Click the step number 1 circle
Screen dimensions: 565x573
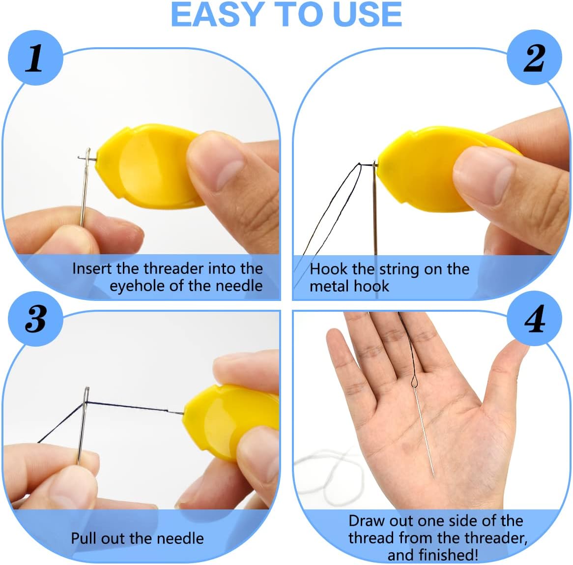tap(35, 58)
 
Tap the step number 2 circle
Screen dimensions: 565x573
tap(534, 58)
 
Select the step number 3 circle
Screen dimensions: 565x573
tap(35, 319)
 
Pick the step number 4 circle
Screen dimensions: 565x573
tap(535, 319)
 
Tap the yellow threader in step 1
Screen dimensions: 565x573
tap(147, 167)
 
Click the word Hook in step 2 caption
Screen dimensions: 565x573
tap(329, 269)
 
